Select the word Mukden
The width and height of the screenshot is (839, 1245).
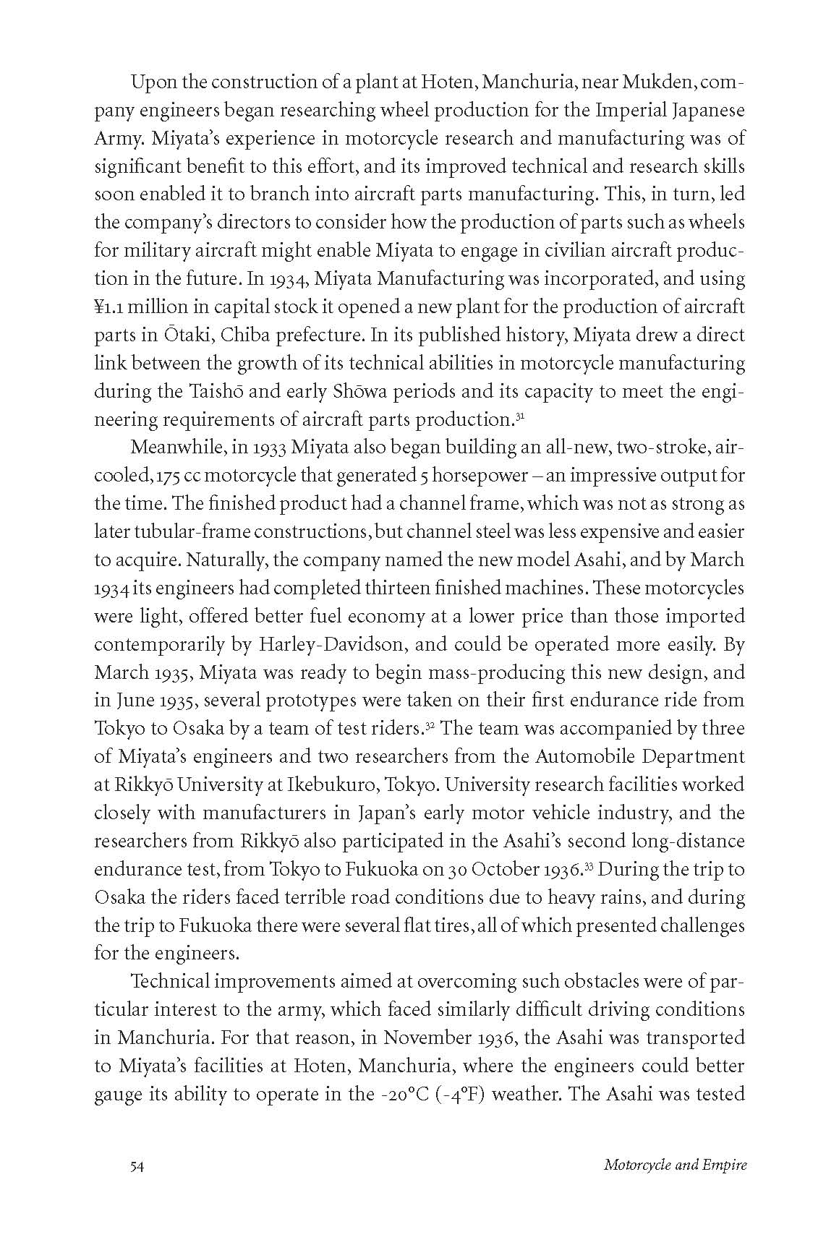(x=657, y=82)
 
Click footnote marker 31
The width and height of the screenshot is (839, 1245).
(x=519, y=416)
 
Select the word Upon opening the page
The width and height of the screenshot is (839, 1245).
(x=149, y=82)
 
